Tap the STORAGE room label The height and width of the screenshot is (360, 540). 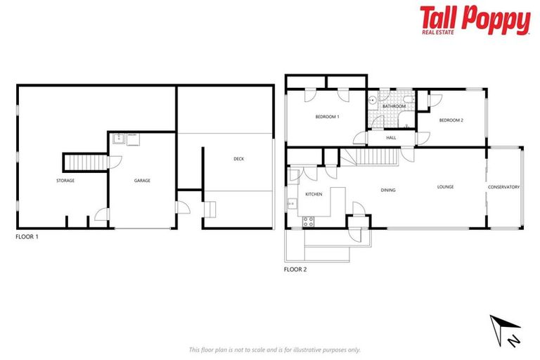coord(65,181)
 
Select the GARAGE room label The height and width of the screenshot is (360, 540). coord(142,181)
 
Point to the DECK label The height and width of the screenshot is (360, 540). coord(239,159)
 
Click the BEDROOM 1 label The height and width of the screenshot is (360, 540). coord(327,117)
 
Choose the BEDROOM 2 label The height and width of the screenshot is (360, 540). coord(451,120)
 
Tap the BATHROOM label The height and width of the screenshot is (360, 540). coord(394,106)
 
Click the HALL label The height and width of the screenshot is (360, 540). coord(391,138)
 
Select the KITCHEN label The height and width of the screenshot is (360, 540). coord(314,193)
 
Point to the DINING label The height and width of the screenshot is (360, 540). coord(388,190)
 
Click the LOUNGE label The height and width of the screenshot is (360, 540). coord(445,187)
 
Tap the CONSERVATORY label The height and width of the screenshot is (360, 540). coord(504,187)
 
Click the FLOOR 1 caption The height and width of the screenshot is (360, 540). coord(27,237)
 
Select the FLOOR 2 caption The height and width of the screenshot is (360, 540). coord(295,269)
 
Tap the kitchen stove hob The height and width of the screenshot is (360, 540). coord(308,221)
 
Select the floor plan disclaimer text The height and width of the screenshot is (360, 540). coord(274,349)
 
